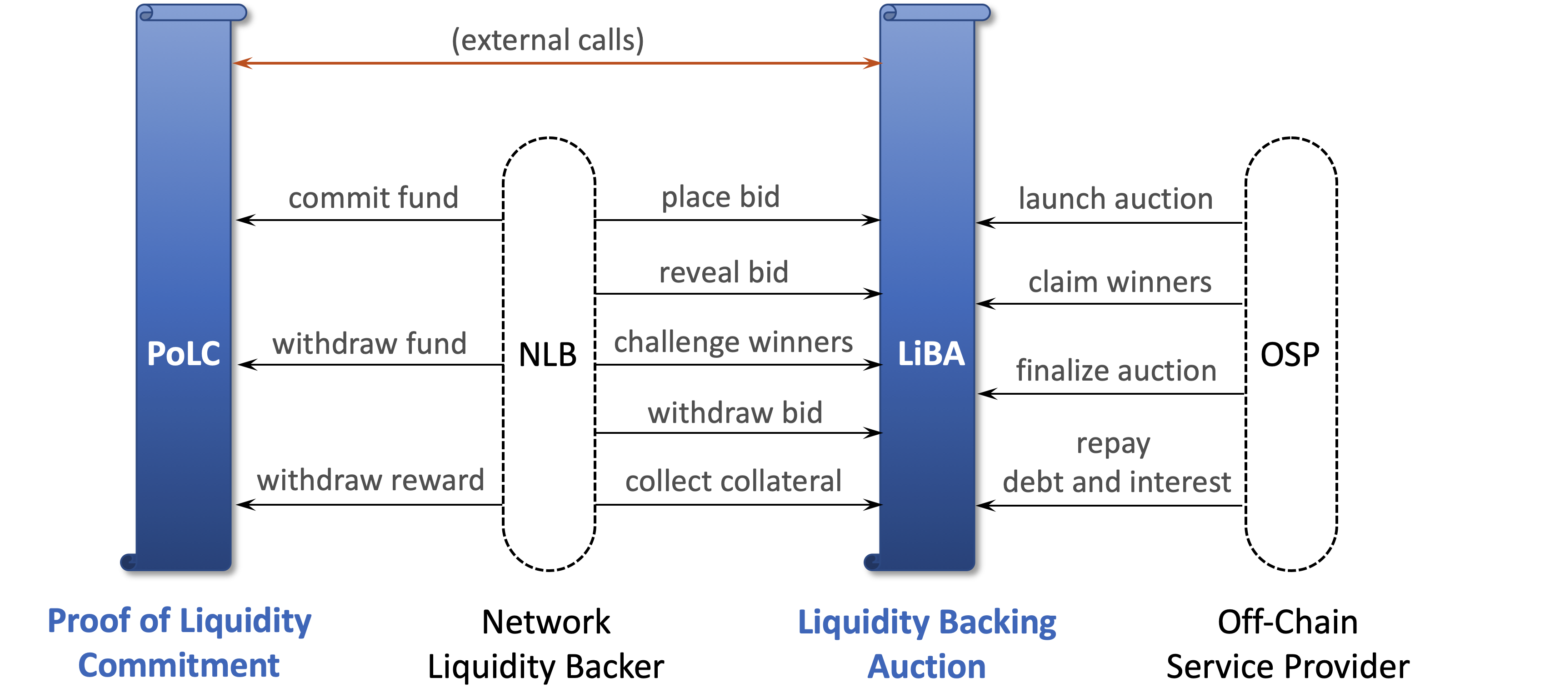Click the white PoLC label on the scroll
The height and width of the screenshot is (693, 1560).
pos(184,354)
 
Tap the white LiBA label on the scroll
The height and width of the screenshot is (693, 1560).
pos(931,354)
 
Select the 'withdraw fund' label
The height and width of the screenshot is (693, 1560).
pos(370,343)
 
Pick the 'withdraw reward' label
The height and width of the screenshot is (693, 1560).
pos(370,480)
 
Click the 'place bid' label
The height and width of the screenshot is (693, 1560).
pos(720,197)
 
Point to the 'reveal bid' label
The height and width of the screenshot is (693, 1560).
pos(724,272)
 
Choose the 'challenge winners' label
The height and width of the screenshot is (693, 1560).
pos(733,343)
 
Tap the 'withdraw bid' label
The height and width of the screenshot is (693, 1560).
pos(735,413)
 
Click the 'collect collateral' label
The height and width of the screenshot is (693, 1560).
pos(733,482)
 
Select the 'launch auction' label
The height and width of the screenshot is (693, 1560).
pos(1115,199)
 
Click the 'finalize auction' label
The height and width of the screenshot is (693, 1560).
pos(1116,371)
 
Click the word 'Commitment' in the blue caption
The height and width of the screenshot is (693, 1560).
pos(179,666)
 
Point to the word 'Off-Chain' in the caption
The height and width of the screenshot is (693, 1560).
pos(1287,622)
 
